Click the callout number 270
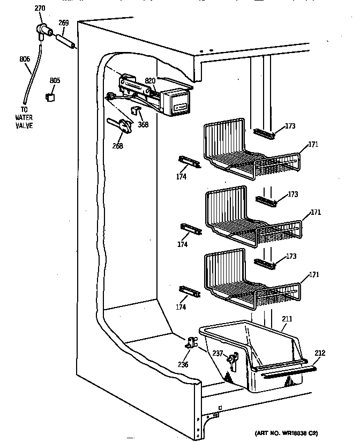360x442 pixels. tap(40, 8)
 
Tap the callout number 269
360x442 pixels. tap(64, 24)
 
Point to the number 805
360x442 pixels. tap(55, 81)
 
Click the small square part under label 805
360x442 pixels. tap(51, 96)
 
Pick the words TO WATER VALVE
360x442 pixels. tap(24, 118)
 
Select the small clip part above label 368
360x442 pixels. tap(136, 110)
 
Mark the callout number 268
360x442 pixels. tap(118, 146)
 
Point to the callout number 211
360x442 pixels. tap(288, 319)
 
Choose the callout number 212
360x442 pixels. tap(320, 353)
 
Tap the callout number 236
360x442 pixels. tap(184, 364)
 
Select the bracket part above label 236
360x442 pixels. tap(191, 343)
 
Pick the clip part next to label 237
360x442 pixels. tap(231, 359)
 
